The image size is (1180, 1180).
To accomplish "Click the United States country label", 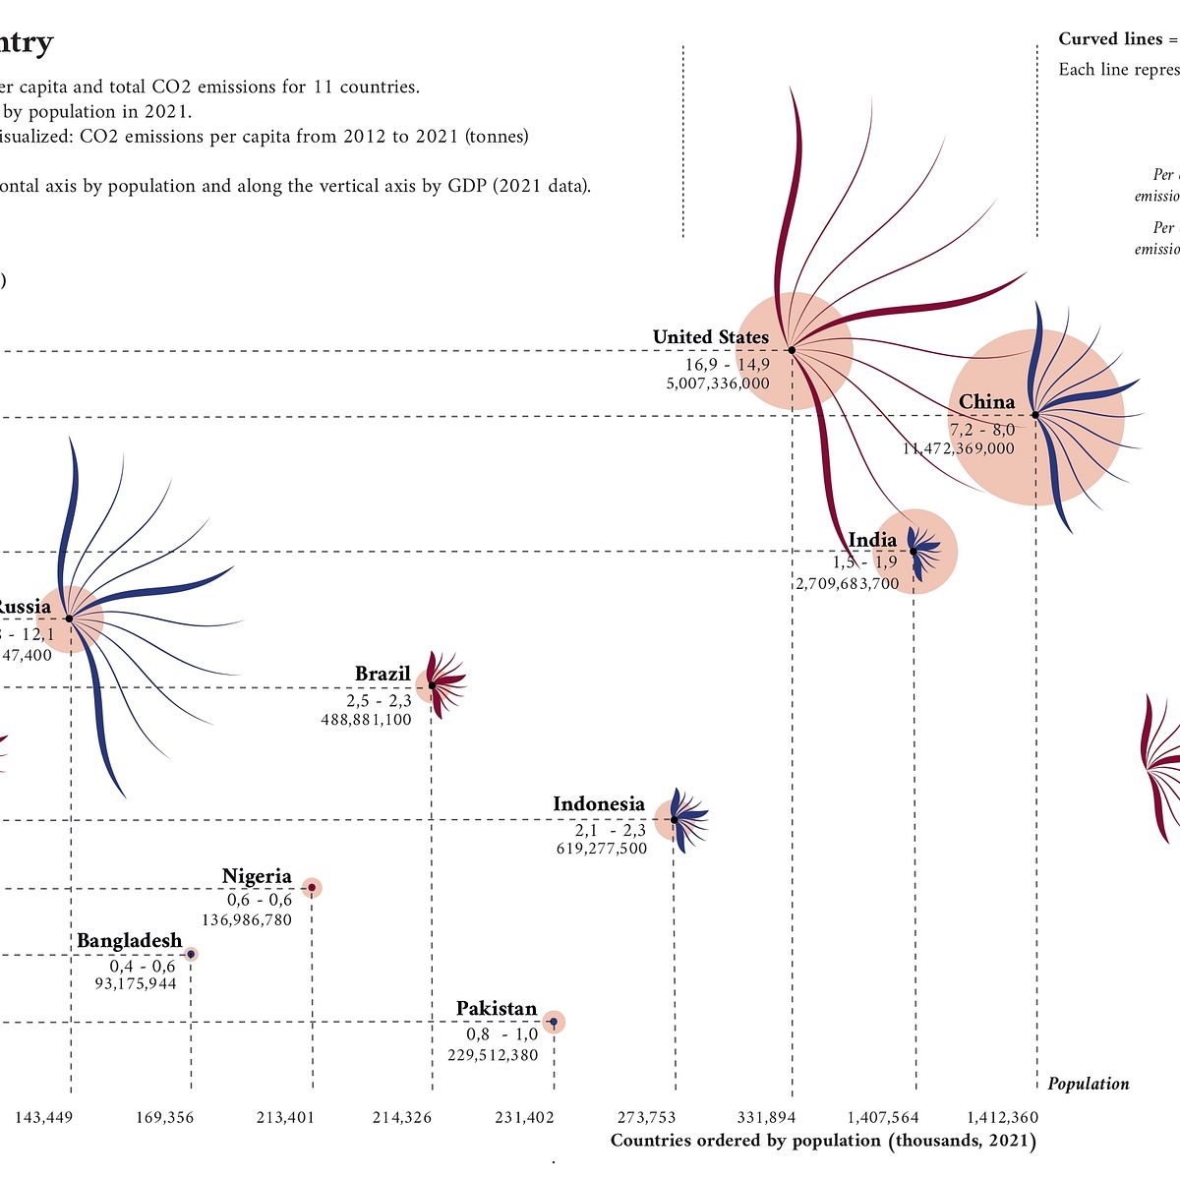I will point(710,337).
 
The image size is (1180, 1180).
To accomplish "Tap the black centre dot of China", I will point(1035,415).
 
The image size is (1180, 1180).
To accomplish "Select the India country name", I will point(872,540).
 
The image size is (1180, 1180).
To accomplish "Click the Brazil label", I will point(383,674).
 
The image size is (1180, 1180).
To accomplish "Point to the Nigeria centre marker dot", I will point(312,888).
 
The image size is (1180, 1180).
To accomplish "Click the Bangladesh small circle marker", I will point(192,954).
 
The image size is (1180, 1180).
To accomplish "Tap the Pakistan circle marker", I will point(554,1023).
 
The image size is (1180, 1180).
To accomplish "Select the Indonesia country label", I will point(598,804).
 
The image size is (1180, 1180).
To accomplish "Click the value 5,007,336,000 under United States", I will point(718,383).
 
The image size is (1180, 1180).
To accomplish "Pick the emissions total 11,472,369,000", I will point(959,448).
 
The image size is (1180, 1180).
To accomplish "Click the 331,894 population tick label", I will point(766,1117).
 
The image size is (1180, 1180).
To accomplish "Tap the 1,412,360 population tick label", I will point(1002,1117).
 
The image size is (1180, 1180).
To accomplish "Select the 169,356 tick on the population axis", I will point(164,1117).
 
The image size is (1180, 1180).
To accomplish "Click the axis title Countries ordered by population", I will point(822,1141).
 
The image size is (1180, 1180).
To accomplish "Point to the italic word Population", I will point(1088,1084).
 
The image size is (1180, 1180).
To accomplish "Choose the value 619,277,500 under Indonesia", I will point(602,849).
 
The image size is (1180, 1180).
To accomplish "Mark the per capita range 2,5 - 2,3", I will point(379,701).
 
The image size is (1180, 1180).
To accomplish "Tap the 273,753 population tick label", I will point(646,1117).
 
